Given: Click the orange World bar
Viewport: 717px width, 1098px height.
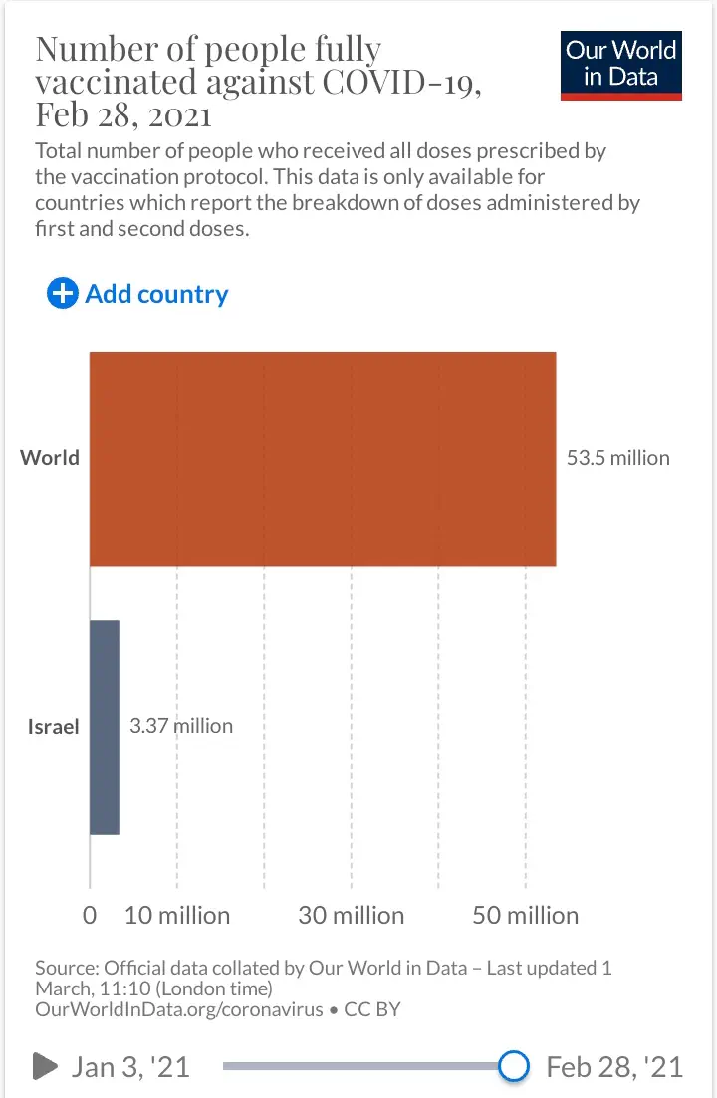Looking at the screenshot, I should click(323, 459).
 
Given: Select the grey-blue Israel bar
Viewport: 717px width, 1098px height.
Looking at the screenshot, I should click(105, 727).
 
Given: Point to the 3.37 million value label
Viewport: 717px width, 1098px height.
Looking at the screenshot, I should click(181, 726).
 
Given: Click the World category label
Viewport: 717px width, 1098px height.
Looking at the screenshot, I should click(50, 458).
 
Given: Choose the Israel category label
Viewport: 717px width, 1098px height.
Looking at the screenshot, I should click(53, 726).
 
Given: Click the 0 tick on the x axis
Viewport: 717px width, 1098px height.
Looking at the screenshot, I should click(90, 915).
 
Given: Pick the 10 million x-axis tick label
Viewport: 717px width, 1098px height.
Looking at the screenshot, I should click(177, 915).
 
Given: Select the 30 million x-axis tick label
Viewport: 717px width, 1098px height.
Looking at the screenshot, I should click(352, 915).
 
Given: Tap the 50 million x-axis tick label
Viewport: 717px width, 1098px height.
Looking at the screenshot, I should click(526, 915).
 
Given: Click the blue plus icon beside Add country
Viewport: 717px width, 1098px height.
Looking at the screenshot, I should click(62, 294).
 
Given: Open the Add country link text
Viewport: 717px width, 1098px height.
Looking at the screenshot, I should click(156, 294).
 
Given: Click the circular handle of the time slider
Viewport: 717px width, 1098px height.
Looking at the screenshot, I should click(513, 1066).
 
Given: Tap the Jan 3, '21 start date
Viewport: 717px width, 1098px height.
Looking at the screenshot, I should click(129, 1067).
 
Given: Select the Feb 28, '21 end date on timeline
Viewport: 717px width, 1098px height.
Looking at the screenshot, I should click(614, 1067).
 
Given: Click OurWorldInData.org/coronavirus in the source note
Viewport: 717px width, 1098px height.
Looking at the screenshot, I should click(179, 1009).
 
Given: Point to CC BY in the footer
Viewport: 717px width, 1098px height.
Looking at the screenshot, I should click(372, 1009).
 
